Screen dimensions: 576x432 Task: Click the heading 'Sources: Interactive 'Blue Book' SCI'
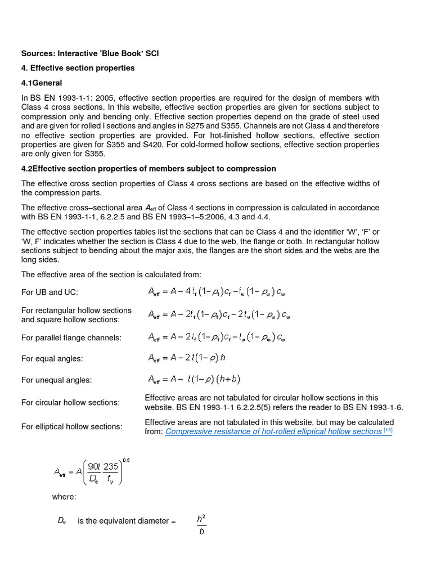[x=94, y=53]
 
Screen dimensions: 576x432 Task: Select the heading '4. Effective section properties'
[x=78, y=68]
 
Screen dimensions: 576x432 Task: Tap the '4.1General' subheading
[x=42, y=83]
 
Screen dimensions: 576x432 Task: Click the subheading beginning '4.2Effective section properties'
[x=148, y=169]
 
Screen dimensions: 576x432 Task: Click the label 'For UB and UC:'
[x=49, y=292]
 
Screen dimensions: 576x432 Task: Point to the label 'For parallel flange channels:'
[x=71, y=337]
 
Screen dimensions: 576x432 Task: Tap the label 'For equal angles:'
[x=52, y=358]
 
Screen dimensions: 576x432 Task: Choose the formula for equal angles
[x=187, y=358]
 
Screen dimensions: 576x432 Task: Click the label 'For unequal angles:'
[x=56, y=380]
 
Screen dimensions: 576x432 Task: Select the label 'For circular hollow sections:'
[x=70, y=403]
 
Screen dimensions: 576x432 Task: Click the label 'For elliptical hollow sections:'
[x=71, y=426]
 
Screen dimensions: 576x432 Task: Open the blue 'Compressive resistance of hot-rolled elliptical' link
[x=273, y=431]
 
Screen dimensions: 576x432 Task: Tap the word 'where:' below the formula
[x=64, y=497]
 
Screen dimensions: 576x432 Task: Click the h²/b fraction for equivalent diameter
[x=201, y=524]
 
